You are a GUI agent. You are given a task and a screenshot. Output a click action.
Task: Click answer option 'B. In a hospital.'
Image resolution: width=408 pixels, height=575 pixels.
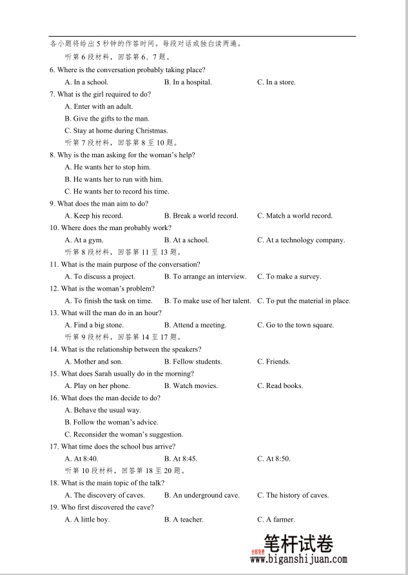[188, 82]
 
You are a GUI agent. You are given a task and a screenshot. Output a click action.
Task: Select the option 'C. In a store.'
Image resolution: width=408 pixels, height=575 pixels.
[276, 82]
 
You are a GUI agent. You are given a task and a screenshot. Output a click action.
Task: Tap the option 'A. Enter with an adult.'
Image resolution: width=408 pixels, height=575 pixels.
[99, 106]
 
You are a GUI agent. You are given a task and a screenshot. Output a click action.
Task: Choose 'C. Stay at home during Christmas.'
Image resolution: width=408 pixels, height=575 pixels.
[116, 131]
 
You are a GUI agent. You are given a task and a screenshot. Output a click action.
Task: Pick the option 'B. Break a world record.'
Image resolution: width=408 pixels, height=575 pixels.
[200, 216]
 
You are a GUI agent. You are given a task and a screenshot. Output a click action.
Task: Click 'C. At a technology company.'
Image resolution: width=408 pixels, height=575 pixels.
[301, 240]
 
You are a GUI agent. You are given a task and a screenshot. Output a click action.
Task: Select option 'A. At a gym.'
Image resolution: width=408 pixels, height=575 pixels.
[84, 240]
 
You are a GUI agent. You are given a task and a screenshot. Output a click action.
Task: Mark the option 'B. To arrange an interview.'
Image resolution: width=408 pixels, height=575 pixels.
[205, 277]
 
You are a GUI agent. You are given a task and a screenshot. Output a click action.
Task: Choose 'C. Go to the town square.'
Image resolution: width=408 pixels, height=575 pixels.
[295, 326]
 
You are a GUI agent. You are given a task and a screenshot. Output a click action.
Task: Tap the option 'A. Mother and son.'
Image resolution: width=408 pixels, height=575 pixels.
[93, 362]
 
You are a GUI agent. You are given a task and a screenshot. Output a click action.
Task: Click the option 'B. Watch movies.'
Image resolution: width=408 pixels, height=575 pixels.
[191, 386]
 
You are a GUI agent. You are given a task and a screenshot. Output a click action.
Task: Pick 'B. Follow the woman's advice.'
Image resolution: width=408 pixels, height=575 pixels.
[111, 422]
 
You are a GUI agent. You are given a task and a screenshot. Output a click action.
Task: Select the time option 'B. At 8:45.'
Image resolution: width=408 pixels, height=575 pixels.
[180, 459]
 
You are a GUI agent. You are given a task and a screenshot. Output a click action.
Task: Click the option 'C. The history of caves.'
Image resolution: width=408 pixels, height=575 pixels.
[293, 495]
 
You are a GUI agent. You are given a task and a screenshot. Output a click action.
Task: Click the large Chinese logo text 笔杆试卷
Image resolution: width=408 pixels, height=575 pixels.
[298, 545]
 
